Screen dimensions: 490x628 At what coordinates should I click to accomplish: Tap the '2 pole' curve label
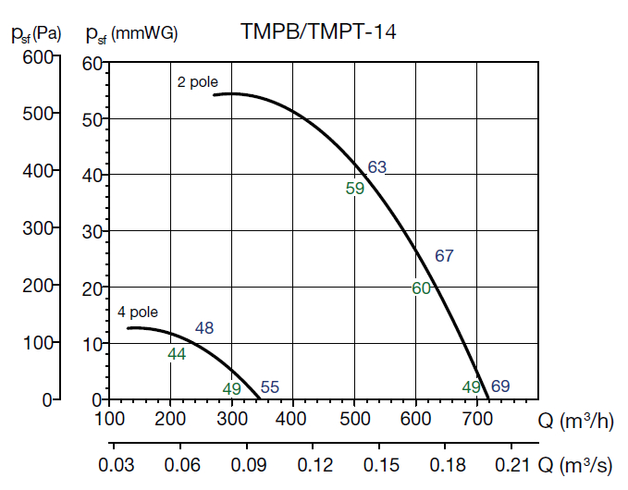click(x=198, y=82)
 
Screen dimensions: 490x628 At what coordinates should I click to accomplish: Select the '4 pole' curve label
click(x=138, y=312)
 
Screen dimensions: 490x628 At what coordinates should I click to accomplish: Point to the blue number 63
click(x=376, y=167)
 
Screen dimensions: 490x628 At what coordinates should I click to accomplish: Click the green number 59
click(x=355, y=189)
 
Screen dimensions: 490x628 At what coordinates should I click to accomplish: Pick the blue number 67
click(x=444, y=256)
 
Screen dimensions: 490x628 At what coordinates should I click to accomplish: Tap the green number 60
click(x=422, y=288)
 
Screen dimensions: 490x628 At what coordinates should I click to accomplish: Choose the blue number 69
click(x=500, y=386)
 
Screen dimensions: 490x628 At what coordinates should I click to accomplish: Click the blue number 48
click(x=204, y=328)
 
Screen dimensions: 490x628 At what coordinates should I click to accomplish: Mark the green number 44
click(x=178, y=353)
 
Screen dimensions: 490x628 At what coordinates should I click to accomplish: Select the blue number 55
click(x=269, y=388)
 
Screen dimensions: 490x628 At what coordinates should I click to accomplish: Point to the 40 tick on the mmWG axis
click(x=91, y=175)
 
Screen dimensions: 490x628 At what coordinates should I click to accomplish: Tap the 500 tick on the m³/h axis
click(x=354, y=419)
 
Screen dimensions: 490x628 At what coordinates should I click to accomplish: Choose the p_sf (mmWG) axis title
click(x=131, y=33)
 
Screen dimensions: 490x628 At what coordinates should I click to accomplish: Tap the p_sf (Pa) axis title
click(x=36, y=33)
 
